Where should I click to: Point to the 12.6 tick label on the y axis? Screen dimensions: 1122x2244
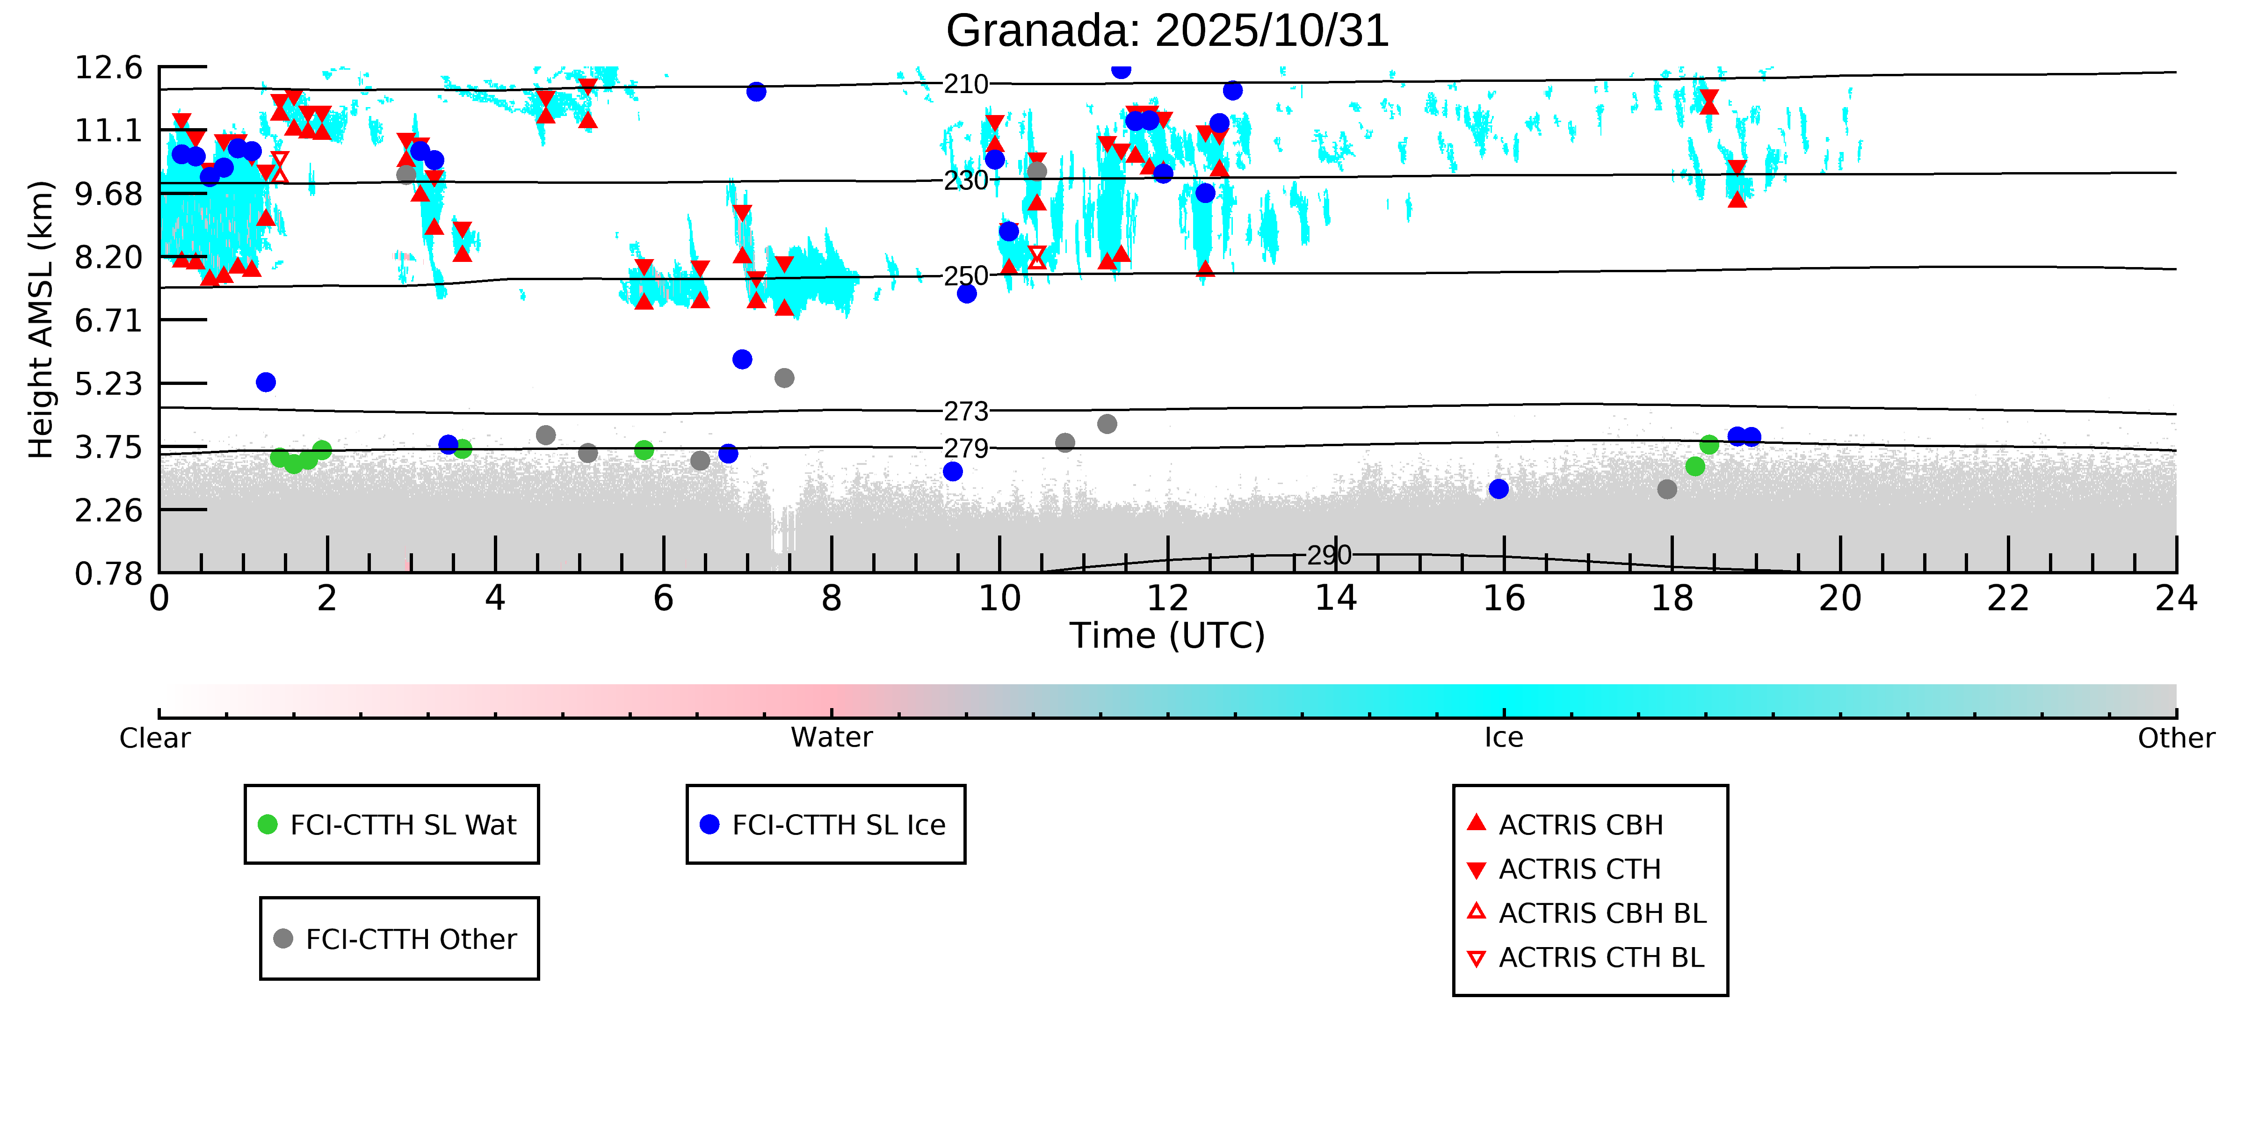[108, 67]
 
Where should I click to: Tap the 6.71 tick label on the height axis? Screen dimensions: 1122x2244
[108, 320]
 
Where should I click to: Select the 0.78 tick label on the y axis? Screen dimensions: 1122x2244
[108, 574]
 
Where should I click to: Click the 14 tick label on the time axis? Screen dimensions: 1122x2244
[1335, 599]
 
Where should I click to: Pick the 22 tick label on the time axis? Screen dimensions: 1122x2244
[2008, 599]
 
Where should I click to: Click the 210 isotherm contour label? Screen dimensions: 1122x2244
[966, 85]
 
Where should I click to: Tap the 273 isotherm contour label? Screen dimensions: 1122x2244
[966, 411]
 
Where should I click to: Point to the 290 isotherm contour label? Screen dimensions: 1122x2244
[1328, 555]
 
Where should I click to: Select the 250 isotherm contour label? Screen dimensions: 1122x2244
[966, 276]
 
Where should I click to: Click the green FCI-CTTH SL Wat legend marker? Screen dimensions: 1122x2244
[268, 824]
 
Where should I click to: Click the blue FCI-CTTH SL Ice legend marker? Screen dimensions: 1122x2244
[710, 824]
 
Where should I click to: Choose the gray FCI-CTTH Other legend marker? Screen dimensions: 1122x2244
[283, 938]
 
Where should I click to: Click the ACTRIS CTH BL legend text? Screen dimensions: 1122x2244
[1601, 957]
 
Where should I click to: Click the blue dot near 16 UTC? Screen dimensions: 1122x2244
[1498, 489]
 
